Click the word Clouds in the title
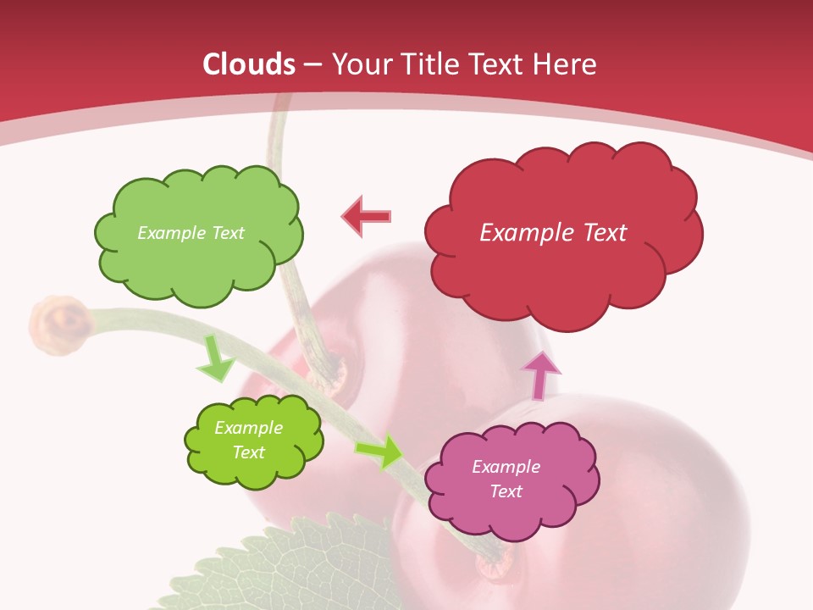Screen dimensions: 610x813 [x=248, y=64]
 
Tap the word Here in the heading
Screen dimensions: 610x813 [x=566, y=64]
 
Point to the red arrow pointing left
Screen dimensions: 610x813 [x=366, y=217]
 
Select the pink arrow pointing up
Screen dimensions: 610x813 [x=540, y=374]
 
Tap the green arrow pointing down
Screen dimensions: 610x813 [x=215, y=359]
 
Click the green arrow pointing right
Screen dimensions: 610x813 [x=380, y=452]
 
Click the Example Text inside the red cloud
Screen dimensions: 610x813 [x=553, y=233]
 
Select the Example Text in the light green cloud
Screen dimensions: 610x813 [x=191, y=233]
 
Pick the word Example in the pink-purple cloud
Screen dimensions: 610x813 [x=506, y=467]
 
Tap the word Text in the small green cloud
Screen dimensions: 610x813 [x=249, y=452]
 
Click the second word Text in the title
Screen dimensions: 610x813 [x=497, y=64]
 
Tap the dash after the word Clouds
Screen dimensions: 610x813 [x=312, y=64]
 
